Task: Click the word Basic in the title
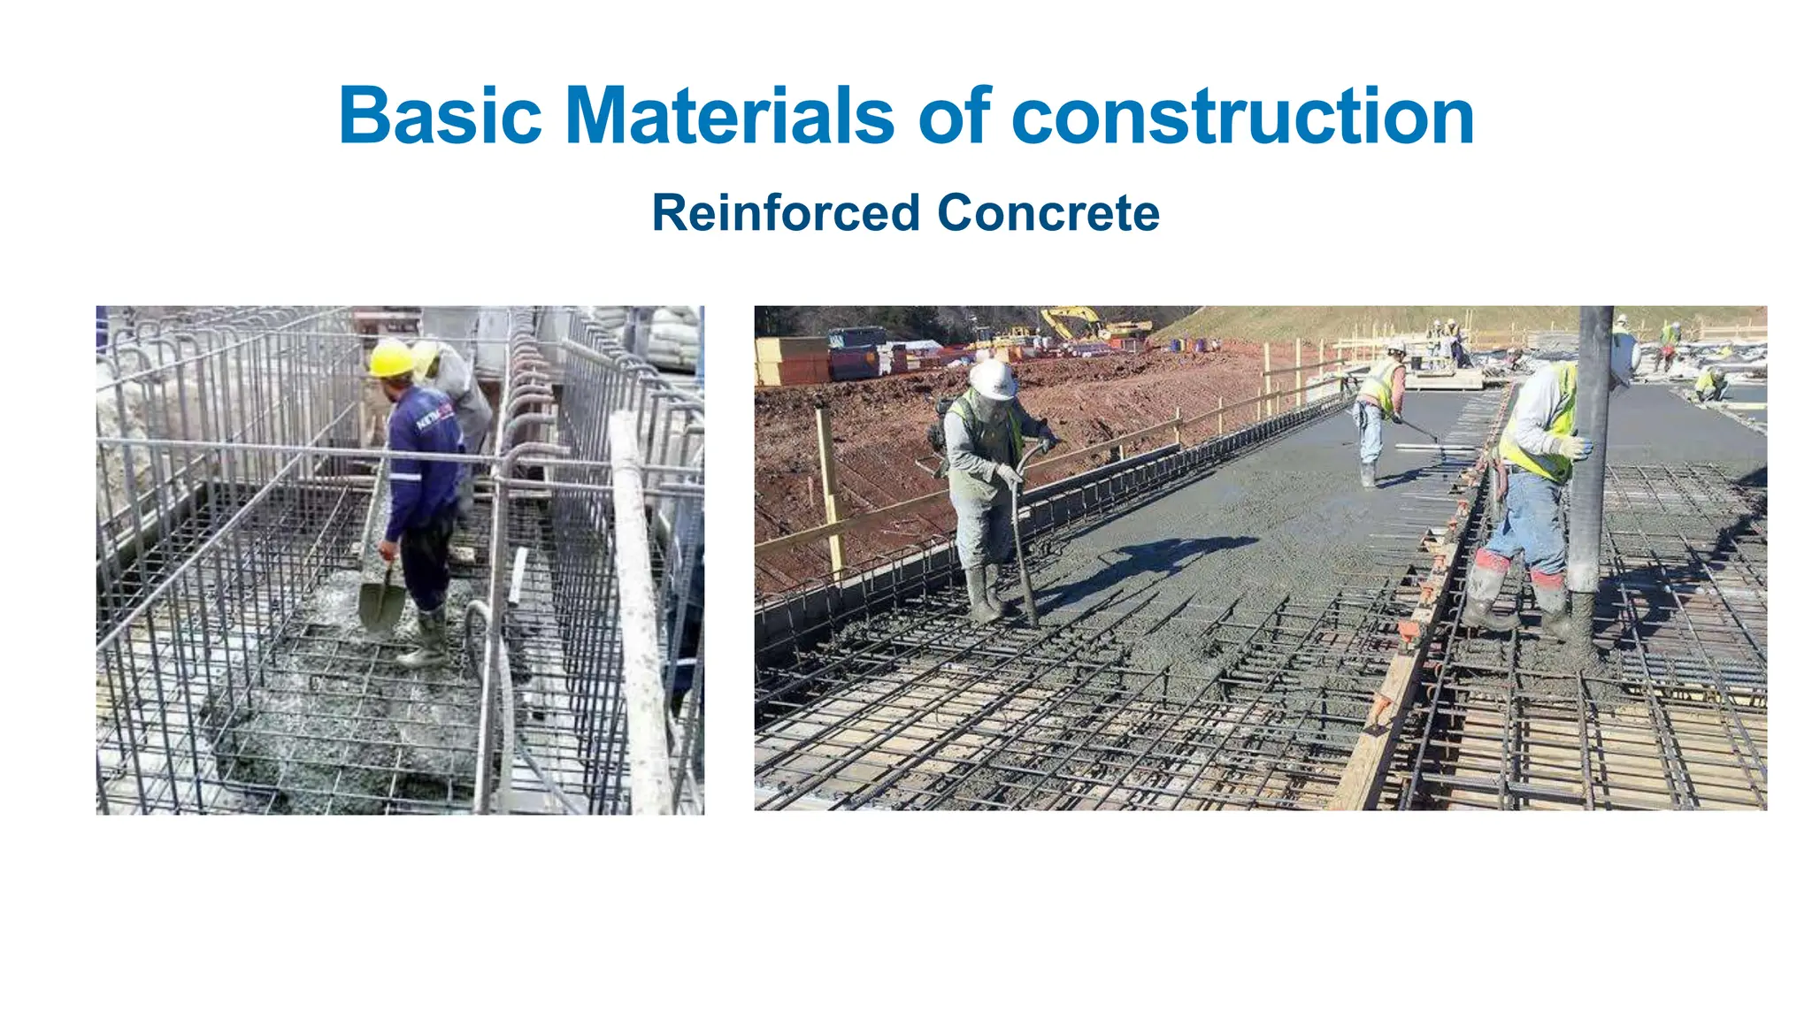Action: [440, 116]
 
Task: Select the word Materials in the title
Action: [729, 116]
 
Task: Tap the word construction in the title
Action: [1242, 116]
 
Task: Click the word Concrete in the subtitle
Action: [1048, 213]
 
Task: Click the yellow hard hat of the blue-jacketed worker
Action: [389, 358]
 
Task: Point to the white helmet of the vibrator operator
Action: [992, 379]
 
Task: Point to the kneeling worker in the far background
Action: [1711, 384]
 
